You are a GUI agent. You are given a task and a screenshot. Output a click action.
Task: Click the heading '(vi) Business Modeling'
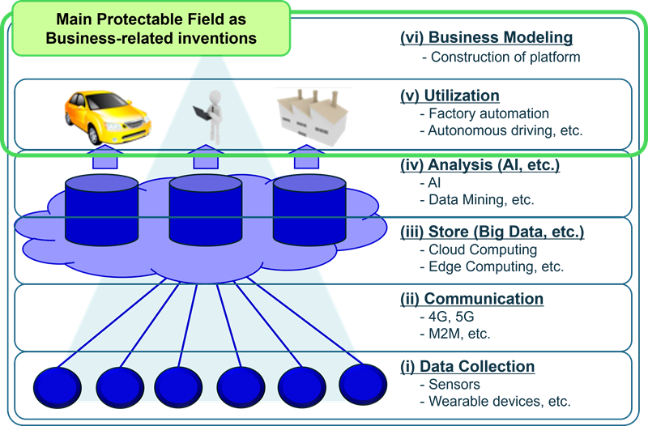coord(487,38)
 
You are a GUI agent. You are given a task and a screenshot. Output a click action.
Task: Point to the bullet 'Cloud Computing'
coord(483,250)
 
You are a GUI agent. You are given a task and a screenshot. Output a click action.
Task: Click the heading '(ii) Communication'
coord(471,300)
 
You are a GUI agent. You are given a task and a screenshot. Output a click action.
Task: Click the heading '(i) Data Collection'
coord(467,367)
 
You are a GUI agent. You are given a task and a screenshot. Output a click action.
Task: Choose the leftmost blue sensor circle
coord(57,384)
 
